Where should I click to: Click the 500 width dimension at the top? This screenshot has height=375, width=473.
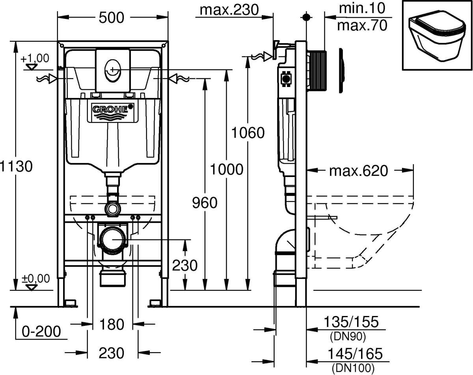click(112, 17)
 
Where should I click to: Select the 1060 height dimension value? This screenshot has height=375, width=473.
click(248, 133)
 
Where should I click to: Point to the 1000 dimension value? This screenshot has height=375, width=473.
click(226, 170)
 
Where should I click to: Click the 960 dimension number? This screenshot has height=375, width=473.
click(205, 203)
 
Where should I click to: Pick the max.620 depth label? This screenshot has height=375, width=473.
click(359, 171)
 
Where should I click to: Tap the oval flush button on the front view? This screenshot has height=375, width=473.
click(112, 70)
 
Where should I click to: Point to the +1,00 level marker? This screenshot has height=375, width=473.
click(35, 59)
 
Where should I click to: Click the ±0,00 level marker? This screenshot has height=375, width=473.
click(36, 279)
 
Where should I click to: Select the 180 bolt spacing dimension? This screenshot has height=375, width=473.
click(112, 324)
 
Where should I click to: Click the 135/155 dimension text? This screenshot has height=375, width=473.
click(351, 322)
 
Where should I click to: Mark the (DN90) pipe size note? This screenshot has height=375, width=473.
click(347, 336)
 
